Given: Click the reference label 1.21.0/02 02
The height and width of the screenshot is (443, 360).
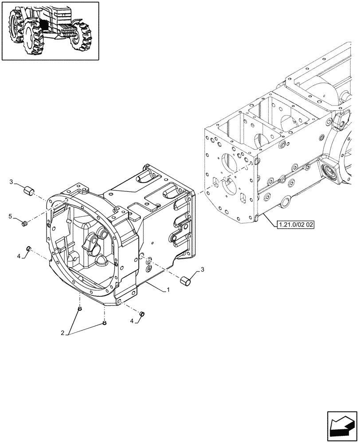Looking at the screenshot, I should [296, 225].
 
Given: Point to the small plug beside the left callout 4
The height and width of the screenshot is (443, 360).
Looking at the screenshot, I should [28, 248].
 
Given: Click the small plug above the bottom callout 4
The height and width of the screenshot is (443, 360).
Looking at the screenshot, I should [142, 314].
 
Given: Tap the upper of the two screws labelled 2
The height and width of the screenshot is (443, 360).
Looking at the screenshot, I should [79, 309].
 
